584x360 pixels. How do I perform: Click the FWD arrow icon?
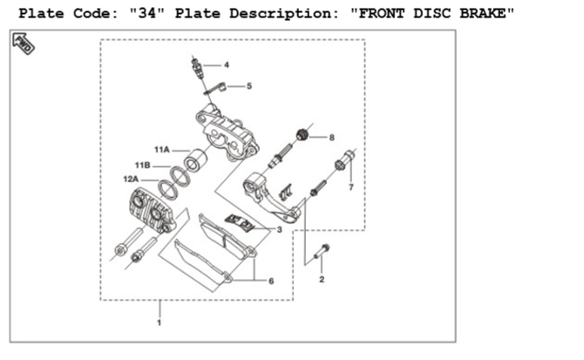pyautogui.click(x=23, y=44)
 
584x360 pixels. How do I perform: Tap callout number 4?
pyautogui.click(x=227, y=65)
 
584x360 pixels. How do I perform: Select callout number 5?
pyautogui.click(x=249, y=86)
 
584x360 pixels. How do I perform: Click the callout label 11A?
pyautogui.click(x=162, y=150)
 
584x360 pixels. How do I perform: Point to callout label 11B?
pyautogui.click(x=143, y=166)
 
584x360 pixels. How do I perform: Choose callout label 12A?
pyautogui.click(x=131, y=180)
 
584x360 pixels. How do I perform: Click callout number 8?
pyautogui.click(x=331, y=138)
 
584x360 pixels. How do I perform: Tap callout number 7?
pyautogui.click(x=351, y=187)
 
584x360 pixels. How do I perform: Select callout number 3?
pyautogui.click(x=279, y=230)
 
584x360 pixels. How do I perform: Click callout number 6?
pyautogui.click(x=271, y=281)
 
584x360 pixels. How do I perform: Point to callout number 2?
pyautogui.click(x=322, y=279)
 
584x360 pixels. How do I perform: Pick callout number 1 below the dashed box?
pyautogui.click(x=160, y=323)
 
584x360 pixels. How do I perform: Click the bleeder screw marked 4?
pyautogui.click(x=197, y=68)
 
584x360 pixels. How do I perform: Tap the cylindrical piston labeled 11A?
pyautogui.click(x=195, y=160)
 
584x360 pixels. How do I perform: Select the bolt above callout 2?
pyautogui.click(x=322, y=251)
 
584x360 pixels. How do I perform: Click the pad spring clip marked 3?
pyautogui.click(x=240, y=222)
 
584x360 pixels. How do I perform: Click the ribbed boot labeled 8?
pyautogui.click(x=302, y=134)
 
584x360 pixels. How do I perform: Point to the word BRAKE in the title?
pyautogui.click(x=483, y=14)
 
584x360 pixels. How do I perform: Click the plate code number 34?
pyautogui.click(x=146, y=14)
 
